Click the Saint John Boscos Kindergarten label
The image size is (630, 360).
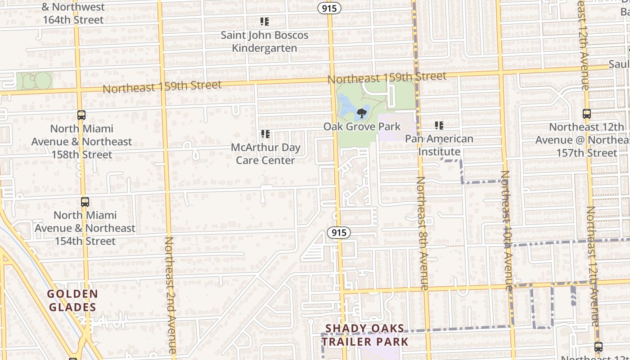coord(265,41)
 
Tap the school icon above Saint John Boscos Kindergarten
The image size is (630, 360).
coord(265,21)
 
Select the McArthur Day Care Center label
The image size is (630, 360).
coord(265,154)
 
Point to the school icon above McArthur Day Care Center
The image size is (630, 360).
coord(265,134)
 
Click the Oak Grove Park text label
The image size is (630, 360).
coord(362,127)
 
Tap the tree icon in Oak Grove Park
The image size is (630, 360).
coord(361,113)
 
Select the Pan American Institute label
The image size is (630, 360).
coord(439,145)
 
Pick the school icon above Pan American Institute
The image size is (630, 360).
coord(439,125)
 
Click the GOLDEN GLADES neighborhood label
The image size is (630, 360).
coord(72,301)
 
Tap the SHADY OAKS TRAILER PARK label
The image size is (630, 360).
coord(365,335)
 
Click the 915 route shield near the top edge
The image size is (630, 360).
coord(329,8)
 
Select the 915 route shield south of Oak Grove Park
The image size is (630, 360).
coord(338,232)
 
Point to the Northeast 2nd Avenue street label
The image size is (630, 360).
coord(170,295)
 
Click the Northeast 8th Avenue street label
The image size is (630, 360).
coord(423,233)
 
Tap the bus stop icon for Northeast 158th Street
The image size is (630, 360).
coord(81,115)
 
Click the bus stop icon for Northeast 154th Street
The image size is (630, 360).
coord(85,202)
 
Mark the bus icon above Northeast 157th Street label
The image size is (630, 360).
coord(586,114)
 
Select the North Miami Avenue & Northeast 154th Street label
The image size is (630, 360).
coord(85,228)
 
